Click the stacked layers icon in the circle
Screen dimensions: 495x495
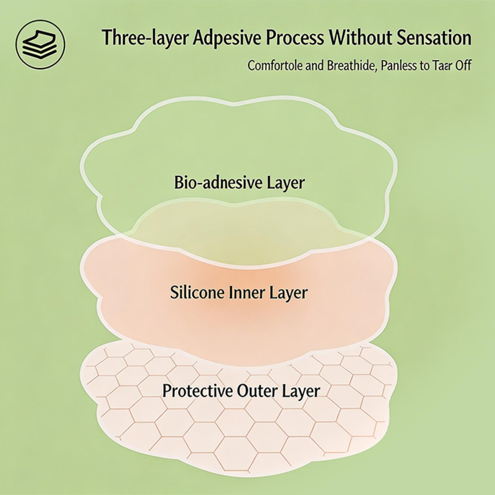point(41,43)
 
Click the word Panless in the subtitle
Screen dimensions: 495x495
point(399,66)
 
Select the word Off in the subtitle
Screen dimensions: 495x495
point(463,66)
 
